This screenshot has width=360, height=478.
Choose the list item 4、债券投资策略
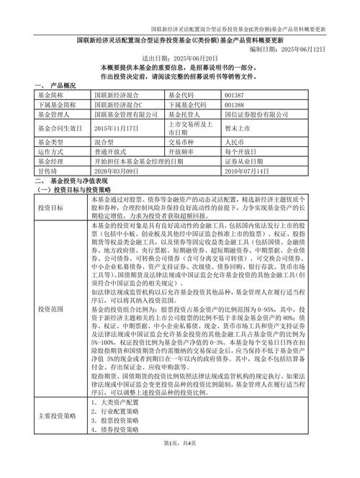tap(115, 430)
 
